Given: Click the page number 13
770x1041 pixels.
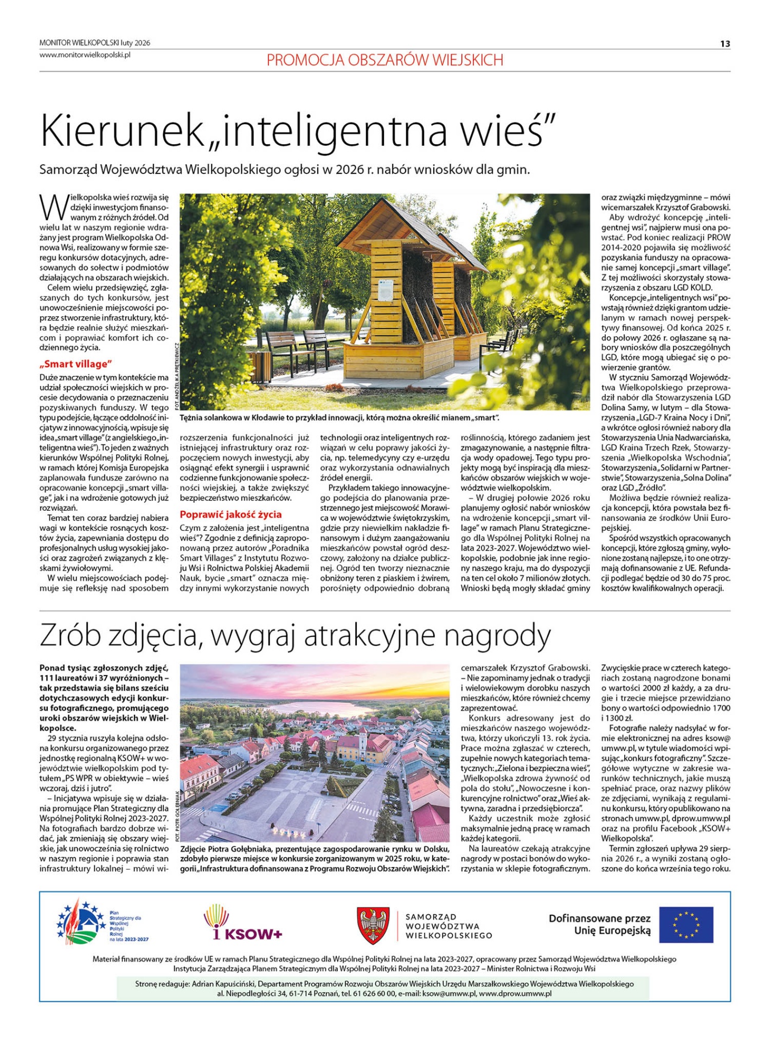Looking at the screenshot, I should (x=725, y=44).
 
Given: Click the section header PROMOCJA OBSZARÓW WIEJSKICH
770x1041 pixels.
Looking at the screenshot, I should (x=384, y=60).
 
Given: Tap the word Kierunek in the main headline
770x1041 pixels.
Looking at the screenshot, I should (x=126, y=131).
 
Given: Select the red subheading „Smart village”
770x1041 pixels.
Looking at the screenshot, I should (x=76, y=364).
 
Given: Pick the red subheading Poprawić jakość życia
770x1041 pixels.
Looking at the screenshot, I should (x=230, y=514).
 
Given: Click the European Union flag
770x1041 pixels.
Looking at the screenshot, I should (x=686, y=924).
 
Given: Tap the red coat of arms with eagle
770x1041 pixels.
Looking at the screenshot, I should (x=373, y=926).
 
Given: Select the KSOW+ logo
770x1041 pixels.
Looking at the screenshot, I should (x=243, y=923).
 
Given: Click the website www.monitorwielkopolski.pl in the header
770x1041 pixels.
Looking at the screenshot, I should (x=85, y=55).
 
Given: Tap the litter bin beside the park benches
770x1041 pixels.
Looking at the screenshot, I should (x=256, y=364).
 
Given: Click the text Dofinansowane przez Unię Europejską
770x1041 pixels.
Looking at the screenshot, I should (x=599, y=924).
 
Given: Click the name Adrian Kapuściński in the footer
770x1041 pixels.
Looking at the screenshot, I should (x=222, y=984).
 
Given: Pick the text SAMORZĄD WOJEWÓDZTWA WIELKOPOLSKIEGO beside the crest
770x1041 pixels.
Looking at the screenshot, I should (x=448, y=926).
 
